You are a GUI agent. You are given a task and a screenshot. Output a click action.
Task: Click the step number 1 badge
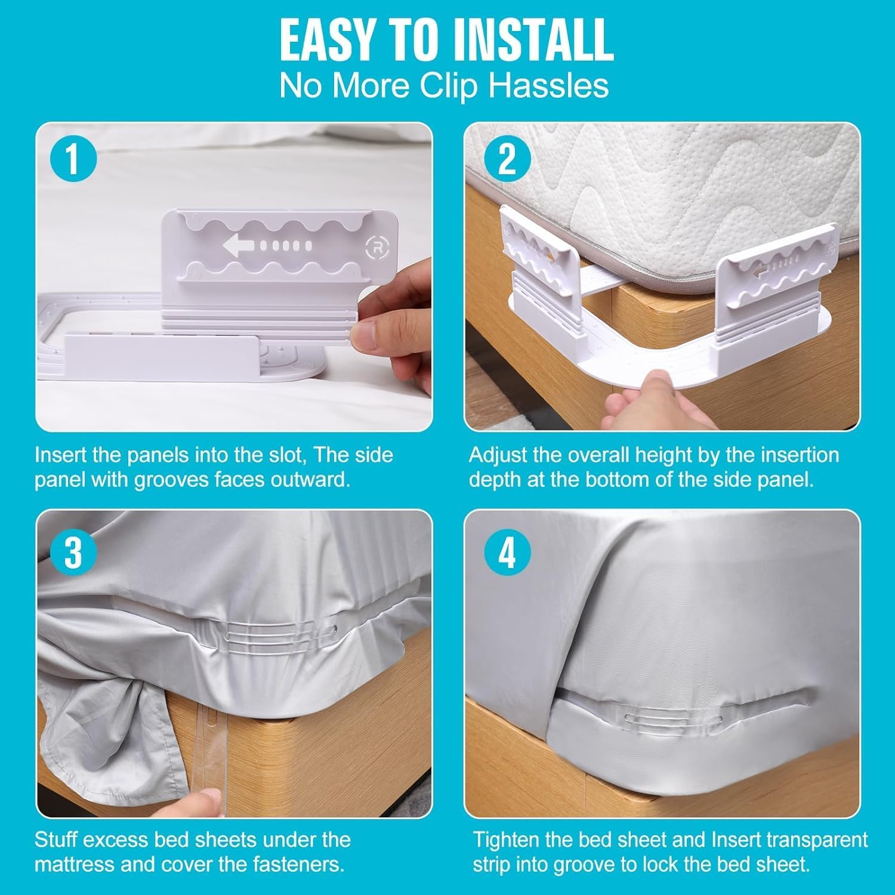click(72, 159)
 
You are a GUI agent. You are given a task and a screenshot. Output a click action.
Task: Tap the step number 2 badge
click(507, 159)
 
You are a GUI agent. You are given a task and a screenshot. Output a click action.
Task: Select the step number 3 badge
click(72, 552)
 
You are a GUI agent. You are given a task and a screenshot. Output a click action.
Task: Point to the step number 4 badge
click(507, 552)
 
